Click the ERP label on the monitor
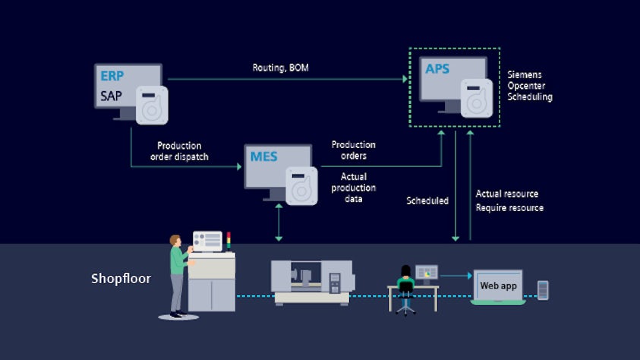(x=111, y=77)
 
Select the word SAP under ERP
(x=111, y=96)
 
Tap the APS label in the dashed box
(x=437, y=69)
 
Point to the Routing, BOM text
(x=280, y=68)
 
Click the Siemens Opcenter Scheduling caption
(x=529, y=86)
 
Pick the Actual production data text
(x=352, y=188)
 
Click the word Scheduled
(x=427, y=201)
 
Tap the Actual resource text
(x=507, y=194)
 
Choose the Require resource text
(x=509, y=208)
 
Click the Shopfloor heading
(x=121, y=279)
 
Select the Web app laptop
(x=498, y=287)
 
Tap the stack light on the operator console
(x=229, y=241)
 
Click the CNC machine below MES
(x=311, y=281)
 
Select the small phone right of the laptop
(x=542, y=289)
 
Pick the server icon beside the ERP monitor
(x=151, y=105)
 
